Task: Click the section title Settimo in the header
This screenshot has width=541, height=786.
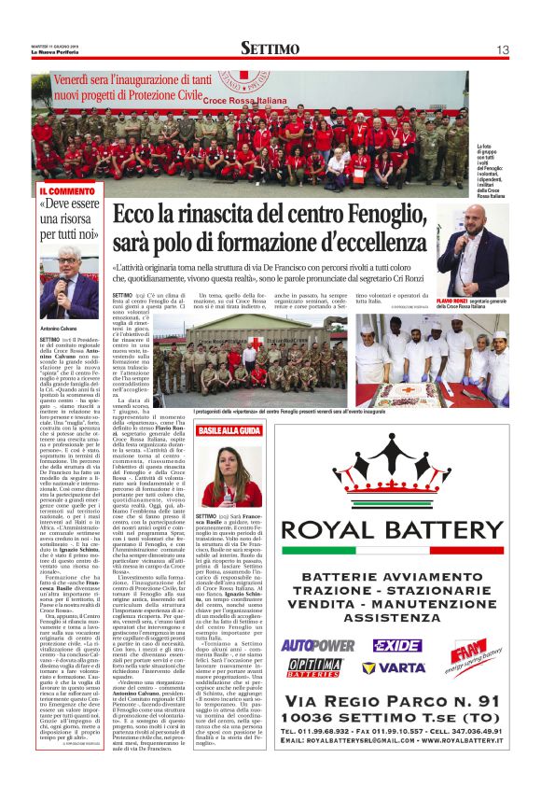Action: click(x=270, y=48)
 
